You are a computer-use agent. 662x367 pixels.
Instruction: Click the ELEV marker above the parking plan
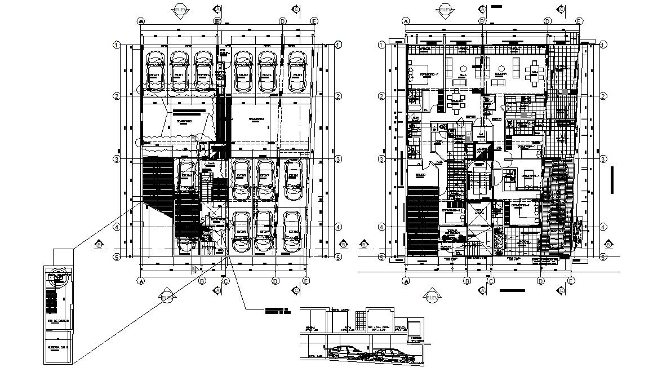point(180,10)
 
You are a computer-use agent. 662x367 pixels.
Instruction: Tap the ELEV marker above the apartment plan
point(445,10)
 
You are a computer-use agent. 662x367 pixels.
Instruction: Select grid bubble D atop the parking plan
point(282,21)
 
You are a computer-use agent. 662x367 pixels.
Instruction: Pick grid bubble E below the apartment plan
point(570,280)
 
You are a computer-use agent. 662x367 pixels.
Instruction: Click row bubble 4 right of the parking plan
point(337,227)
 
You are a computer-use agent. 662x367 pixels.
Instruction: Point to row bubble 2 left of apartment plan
point(382,96)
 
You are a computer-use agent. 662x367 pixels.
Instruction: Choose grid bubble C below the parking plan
point(225,280)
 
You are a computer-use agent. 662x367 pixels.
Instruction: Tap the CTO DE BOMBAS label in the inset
point(57,322)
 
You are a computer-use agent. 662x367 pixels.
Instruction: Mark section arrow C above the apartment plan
point(561,10)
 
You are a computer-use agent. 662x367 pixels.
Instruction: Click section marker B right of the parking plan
point(344,244)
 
